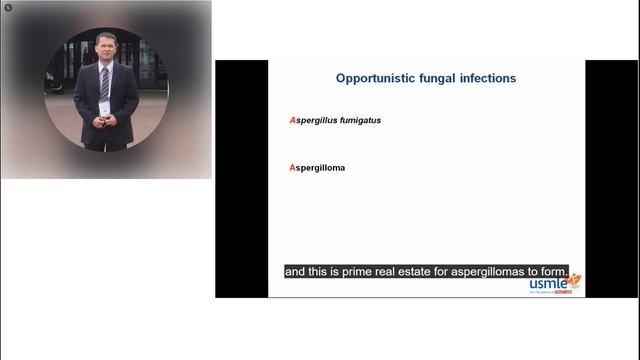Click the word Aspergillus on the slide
pyautogui.click(x=315, y=120)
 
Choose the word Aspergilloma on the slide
pyautogui.click(x=317, y=167)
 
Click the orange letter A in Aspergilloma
pyautogui.click(x=292, y=167)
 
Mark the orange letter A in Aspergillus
pyautogui.click(x=292, y=120)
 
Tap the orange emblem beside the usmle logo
pyautogui.click(x=574, y=279)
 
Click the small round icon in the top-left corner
pyautogui.click(x=7, y=7)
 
